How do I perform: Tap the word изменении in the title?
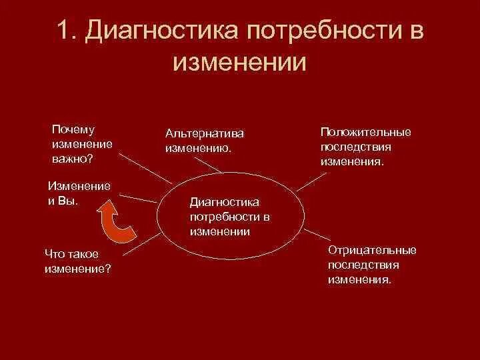click(239, 64)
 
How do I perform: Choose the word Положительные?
click(365, 131)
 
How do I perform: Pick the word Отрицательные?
click(372, 250)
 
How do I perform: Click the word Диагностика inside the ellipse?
click(224, 201)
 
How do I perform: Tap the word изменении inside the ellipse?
click(219, 231)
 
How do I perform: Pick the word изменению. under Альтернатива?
click(199, 147)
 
